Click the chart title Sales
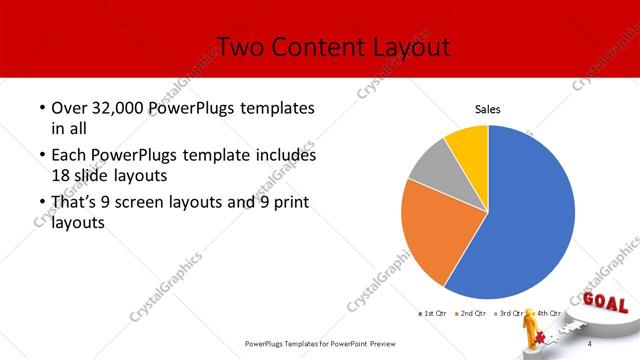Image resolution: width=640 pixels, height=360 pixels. (487, 110)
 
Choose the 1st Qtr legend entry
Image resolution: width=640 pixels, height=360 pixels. (433, 314)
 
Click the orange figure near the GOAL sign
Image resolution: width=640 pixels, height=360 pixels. (533, 332)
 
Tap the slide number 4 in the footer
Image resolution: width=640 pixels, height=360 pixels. (590, 344)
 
